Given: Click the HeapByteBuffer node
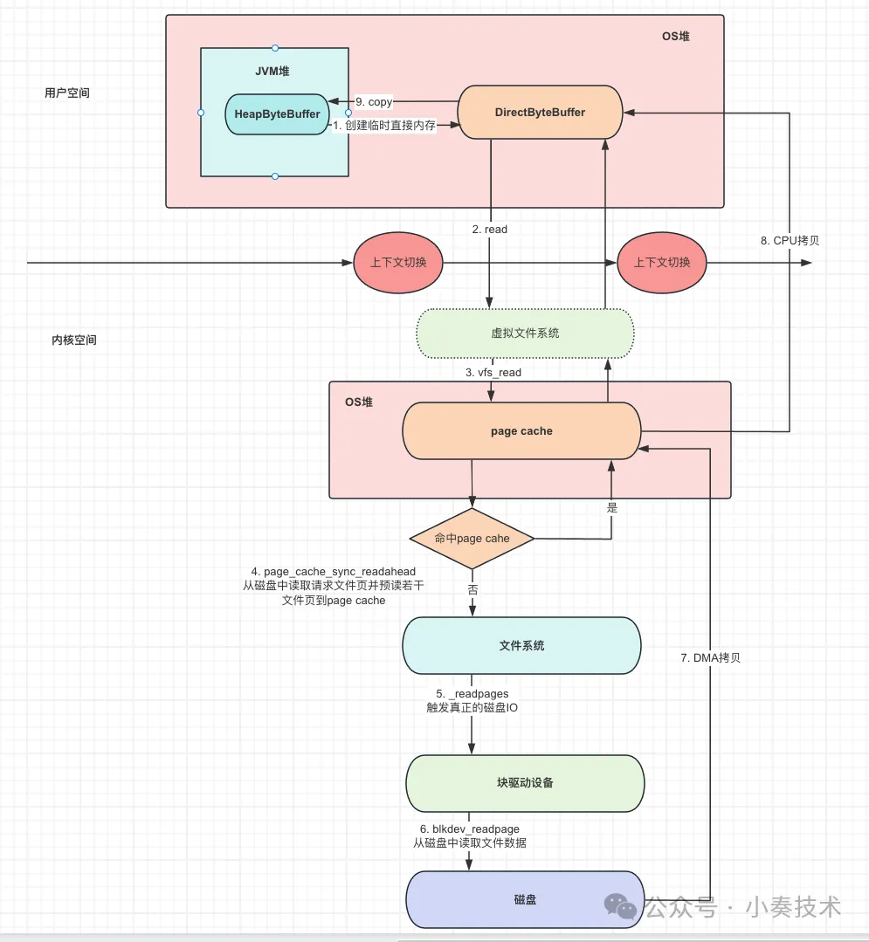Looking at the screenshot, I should pos(277,114).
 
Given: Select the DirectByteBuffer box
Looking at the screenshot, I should pos(540,112).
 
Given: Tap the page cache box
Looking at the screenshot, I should pos(521,430).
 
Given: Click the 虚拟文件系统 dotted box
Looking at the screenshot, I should pos(525,333).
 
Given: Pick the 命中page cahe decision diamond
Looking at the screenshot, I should pos(472,539).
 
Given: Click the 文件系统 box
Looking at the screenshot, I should pos(521,645).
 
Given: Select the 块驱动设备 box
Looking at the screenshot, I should pos(525,782).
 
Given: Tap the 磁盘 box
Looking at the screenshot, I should pos(525,898).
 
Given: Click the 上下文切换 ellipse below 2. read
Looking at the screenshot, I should pos(398,262).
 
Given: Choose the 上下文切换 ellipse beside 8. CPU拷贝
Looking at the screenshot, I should pos(662,262).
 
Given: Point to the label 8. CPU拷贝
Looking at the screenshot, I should pos(790,240).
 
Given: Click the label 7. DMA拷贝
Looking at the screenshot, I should pos(710,657).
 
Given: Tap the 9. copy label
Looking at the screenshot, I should pos(374,102).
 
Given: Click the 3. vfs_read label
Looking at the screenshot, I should pos(493,373).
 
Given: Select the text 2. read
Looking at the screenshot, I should pos(490,229).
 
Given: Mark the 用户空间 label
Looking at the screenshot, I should pos(67,93).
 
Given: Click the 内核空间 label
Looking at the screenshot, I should pos(74,340).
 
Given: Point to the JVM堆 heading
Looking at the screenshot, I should pos(272,71).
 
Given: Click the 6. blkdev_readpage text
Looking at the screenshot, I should pos(469,829).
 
